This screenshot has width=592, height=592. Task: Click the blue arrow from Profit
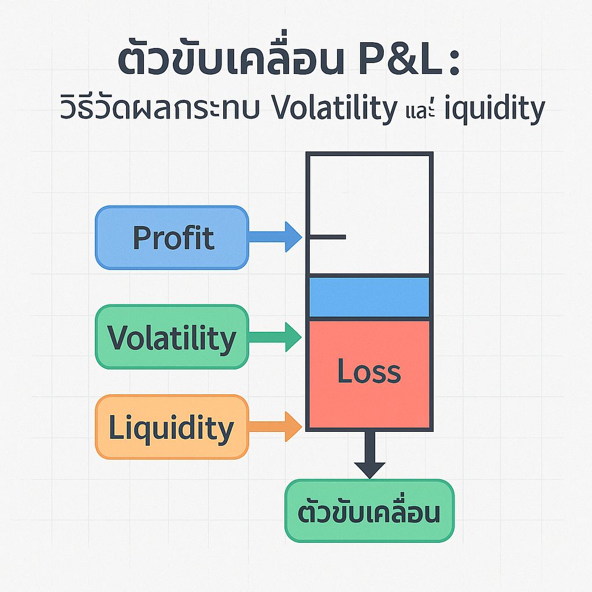[x=275, y=237]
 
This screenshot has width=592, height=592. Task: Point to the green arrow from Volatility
[x=275, y=337]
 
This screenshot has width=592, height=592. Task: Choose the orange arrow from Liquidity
[x=275, y=427]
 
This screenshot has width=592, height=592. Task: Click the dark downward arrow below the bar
[x=369, y=455]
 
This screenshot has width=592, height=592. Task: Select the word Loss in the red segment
[x=369, y=372]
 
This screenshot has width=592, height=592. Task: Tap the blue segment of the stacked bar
[x=369, y=297]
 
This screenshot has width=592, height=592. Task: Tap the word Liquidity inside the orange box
[x=171, y=428]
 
